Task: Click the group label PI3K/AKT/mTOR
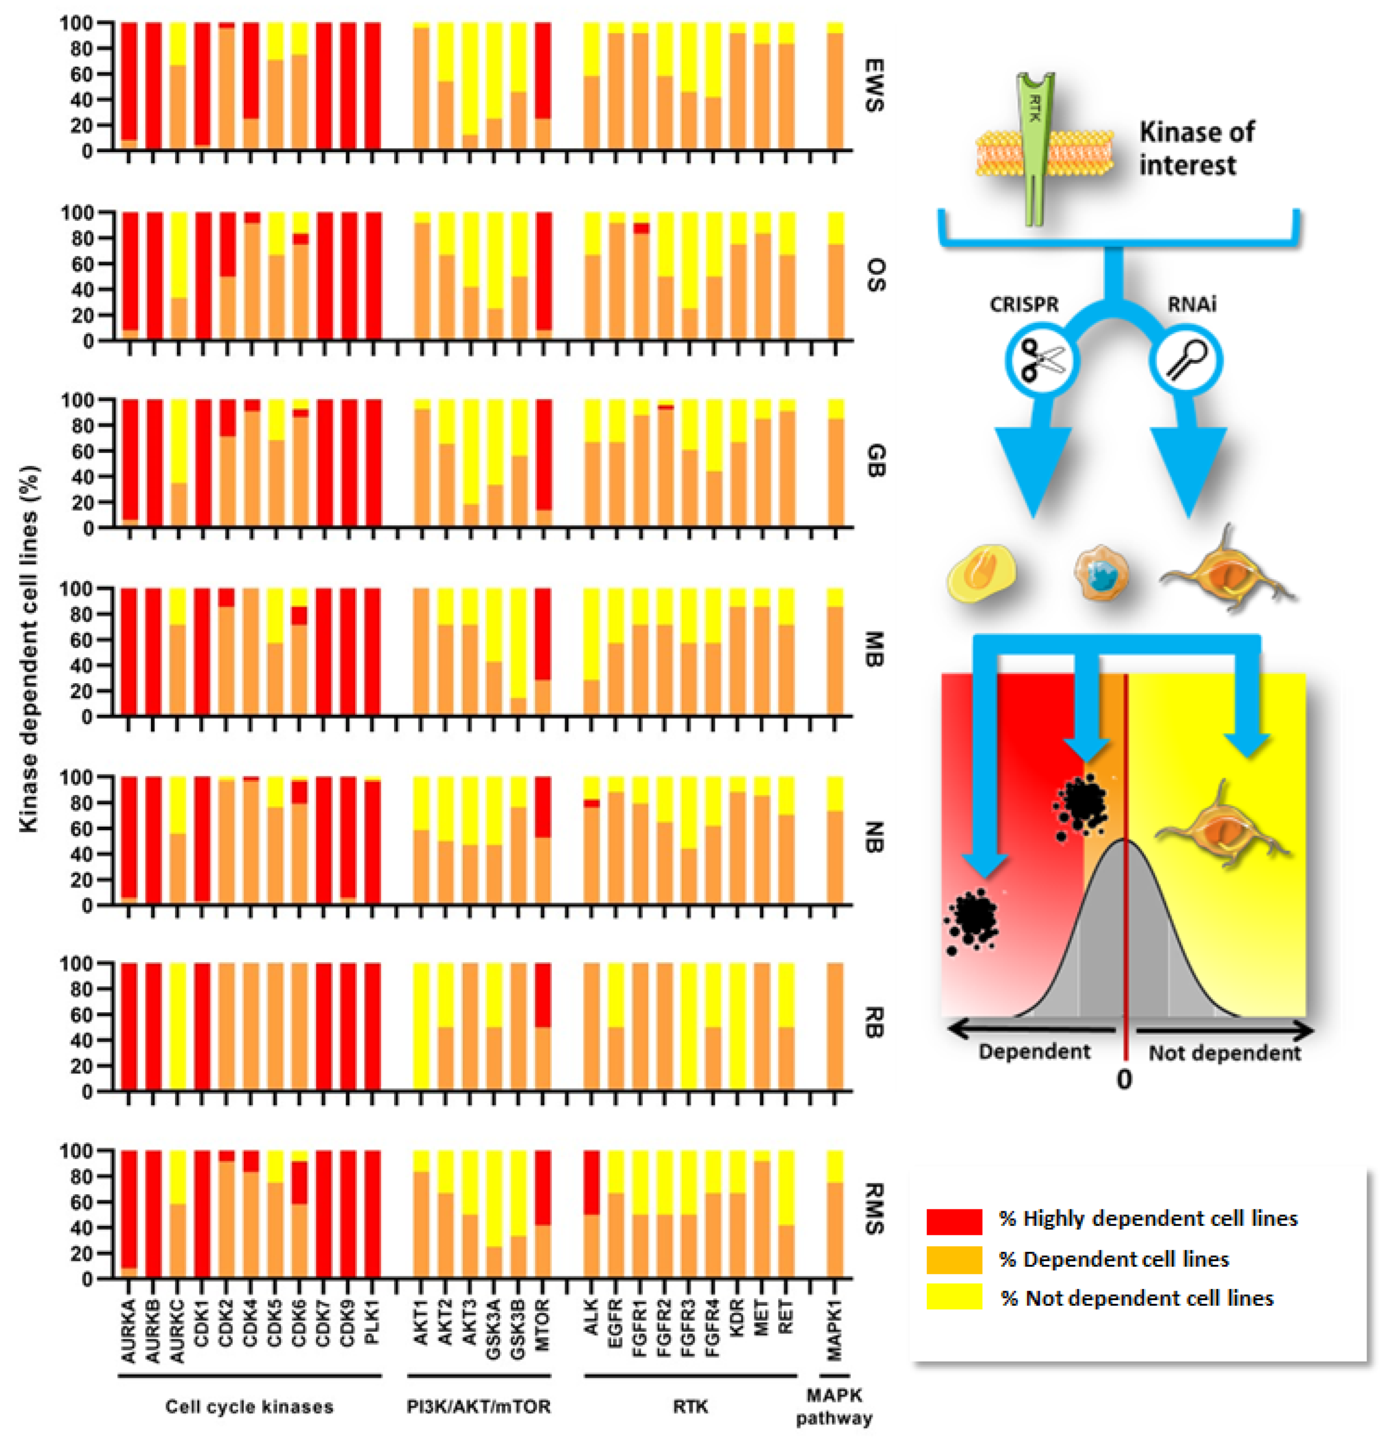[478, 1406]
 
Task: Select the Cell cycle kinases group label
[249, 1406]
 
